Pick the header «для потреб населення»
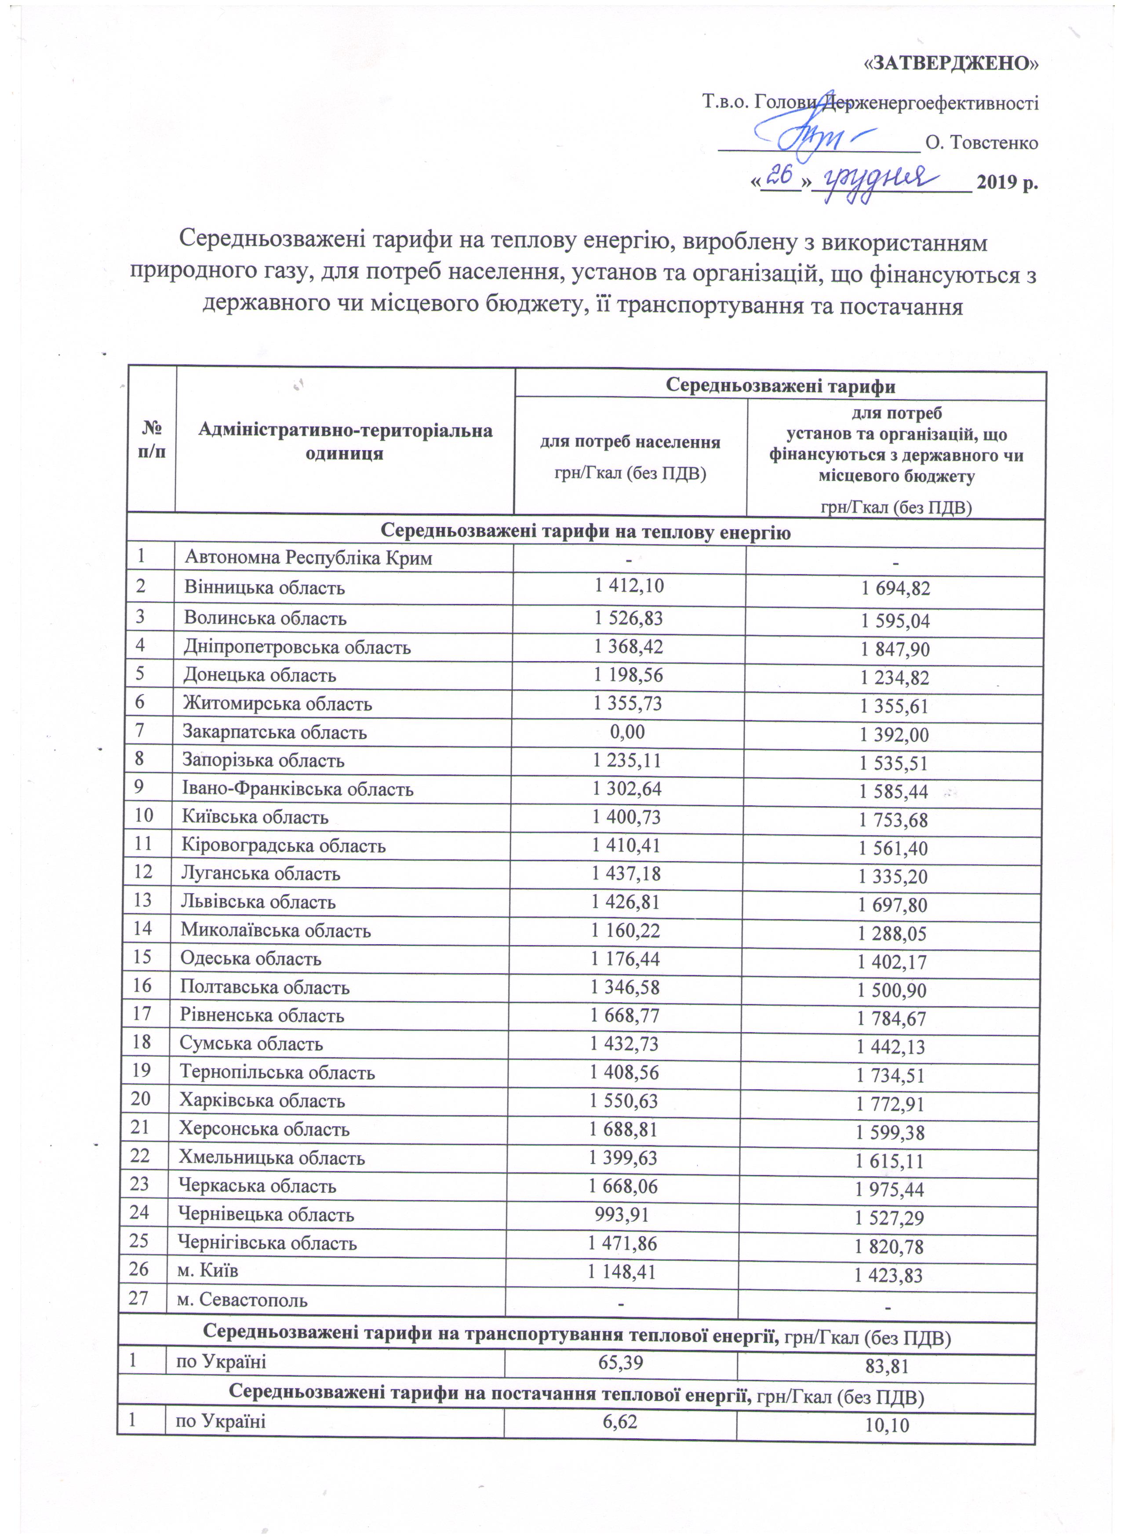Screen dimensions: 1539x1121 click(x=630, y=442)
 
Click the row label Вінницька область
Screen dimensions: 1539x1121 click(x=265, y=588)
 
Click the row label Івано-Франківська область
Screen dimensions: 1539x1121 click(x=297, y=789)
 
